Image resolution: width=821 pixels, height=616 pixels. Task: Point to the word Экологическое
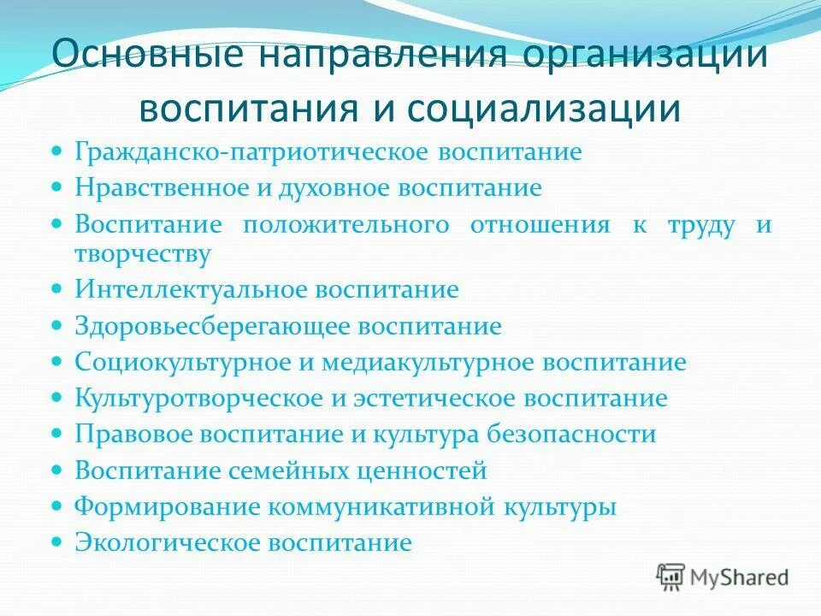point(168,542)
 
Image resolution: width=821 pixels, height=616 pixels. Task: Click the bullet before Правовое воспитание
point(57,435)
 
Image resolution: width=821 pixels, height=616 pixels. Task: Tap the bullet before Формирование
point(57,506)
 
